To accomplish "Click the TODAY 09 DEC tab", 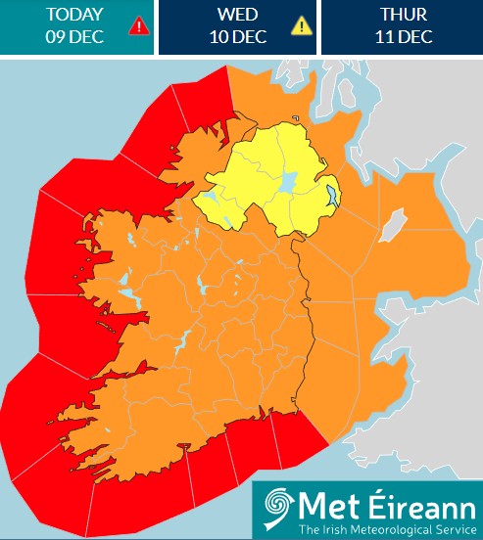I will [76, 26].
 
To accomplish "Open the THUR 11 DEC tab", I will [402, 26].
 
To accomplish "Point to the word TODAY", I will [74, 15].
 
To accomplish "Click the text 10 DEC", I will [237, 37].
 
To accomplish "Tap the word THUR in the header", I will [402, 15].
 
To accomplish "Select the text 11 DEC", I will [402, 37].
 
